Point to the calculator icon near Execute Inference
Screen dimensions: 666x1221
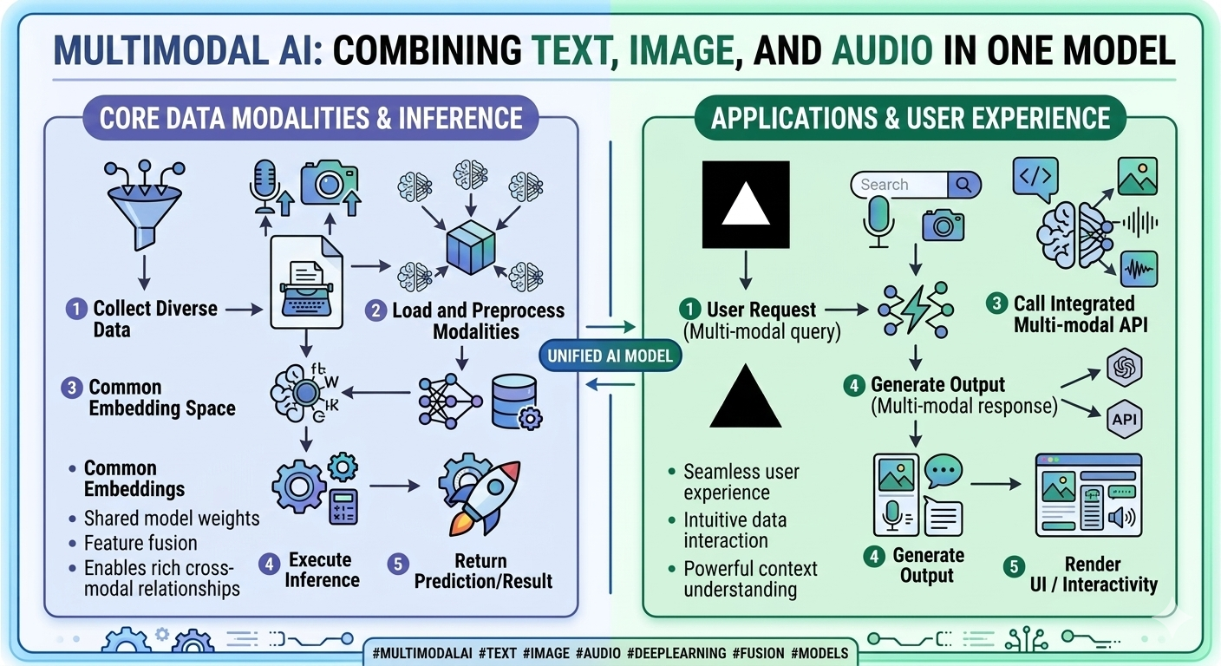(x=343, y=506)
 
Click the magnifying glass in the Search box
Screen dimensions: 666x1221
(x=962, y=185)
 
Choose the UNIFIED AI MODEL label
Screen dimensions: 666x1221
(x=610, y=355)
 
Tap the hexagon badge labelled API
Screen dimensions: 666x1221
(x=1125, y=421)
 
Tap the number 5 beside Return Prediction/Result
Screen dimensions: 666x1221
(x=398, y=563)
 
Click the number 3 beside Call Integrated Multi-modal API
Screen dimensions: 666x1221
(x=997, y=304)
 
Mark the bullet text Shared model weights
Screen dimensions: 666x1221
(x=171, y=519)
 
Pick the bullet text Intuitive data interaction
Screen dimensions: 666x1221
(x=735, y=530)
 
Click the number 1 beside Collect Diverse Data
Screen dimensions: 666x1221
(x=77, y=308)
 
